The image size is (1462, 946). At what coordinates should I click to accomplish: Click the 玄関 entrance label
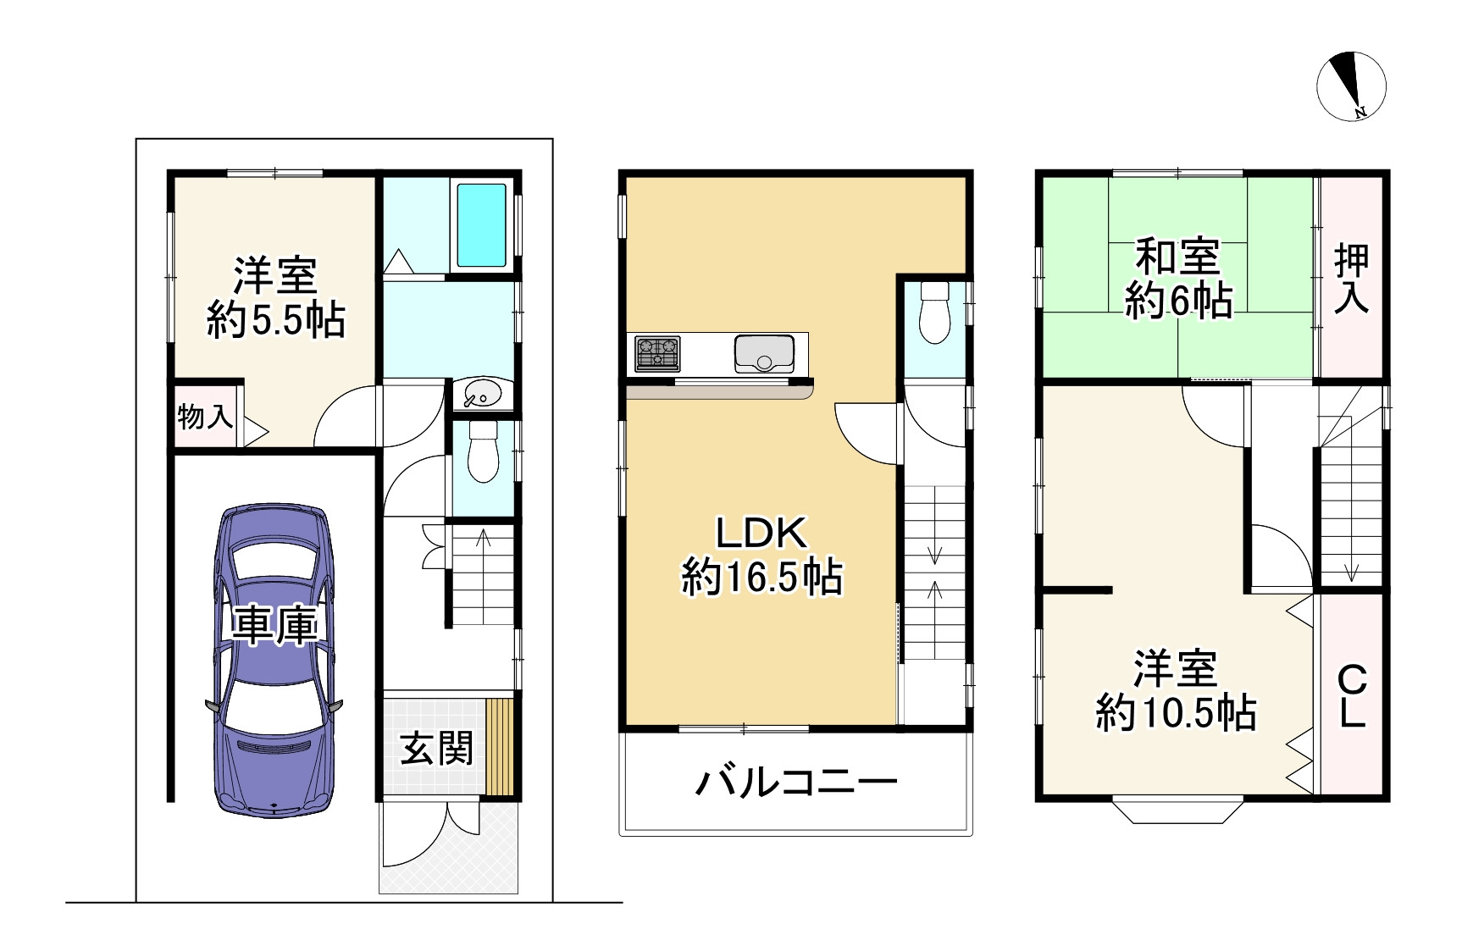tap(436, 748)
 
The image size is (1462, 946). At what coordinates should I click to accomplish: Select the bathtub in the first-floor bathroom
tap(482, 224)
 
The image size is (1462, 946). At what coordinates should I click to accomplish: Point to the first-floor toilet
tap(484, 453)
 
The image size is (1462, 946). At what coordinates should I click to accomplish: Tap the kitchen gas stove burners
tap(657, 354)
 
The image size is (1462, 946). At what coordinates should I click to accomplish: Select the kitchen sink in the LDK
tap(764, 354)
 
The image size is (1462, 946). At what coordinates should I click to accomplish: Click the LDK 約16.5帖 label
tap(761, 556)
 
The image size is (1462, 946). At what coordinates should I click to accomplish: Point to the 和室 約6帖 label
tap(1178, 279)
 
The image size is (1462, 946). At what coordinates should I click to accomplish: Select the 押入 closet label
tap(1351, 279)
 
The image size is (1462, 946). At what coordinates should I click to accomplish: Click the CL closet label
tap(1352, 697)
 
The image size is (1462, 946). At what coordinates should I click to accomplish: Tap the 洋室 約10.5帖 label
tap(1176, 691)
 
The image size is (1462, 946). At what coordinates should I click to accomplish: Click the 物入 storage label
tap(205, 417)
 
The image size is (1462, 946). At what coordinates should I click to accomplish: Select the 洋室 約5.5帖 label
tap(275, 297)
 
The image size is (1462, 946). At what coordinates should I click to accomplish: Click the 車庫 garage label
tap(275, 627)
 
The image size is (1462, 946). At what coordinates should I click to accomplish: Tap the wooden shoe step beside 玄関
tap(500, 747)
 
